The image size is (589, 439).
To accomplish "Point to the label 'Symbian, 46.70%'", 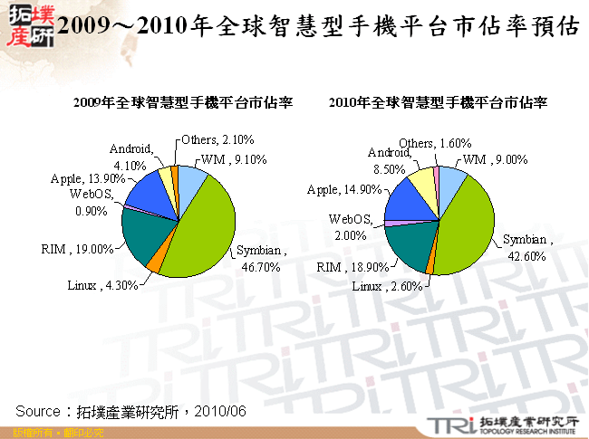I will click(x=263, y=258).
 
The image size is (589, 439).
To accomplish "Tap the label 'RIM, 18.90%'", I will click(x=353, y=267).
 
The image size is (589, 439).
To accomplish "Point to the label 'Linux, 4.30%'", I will click(x=102, y=285).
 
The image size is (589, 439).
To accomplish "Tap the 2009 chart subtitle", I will click(x=181, y=103).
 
